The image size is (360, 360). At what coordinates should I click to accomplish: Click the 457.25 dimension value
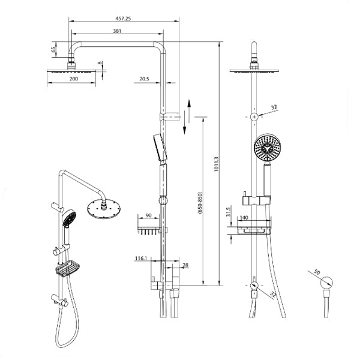124,19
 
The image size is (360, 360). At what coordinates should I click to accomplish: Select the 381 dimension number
118,32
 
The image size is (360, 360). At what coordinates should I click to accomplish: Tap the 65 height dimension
53,50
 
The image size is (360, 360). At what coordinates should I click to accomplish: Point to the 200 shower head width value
73,79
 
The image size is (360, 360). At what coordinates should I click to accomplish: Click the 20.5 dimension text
144,79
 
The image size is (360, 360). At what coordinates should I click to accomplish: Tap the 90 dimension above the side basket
148,215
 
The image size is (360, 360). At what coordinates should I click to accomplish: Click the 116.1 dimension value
141,258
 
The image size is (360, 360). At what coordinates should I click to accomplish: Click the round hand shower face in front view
266,148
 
